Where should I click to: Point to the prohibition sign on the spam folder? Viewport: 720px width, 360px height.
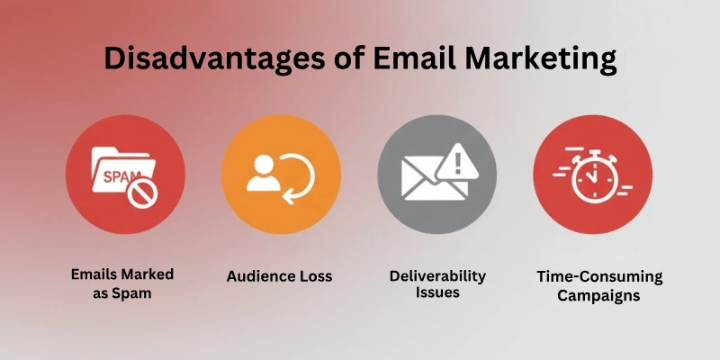(x=140, y=193)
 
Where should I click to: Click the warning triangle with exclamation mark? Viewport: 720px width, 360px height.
(x=457, y=163)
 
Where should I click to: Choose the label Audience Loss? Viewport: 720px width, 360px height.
(x=279, y=275)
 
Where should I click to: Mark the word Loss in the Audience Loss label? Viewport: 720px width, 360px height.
(x=312, y=275)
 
